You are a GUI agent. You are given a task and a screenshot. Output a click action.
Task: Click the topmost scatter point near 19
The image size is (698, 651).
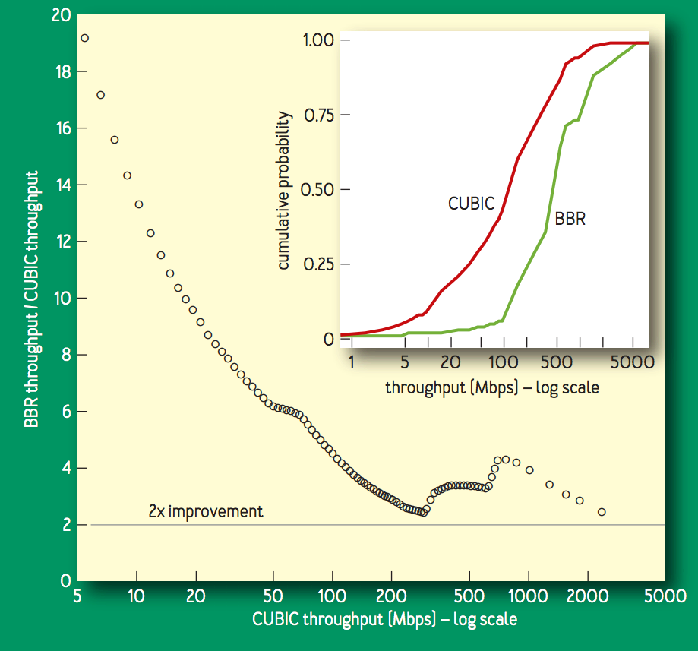pos(84,38)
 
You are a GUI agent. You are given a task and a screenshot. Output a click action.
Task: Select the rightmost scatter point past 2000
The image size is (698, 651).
pos(602,512)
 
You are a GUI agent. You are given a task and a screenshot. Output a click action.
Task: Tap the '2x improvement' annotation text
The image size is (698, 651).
pos(206,511)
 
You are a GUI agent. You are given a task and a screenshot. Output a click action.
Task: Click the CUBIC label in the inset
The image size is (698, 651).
pos(472,204)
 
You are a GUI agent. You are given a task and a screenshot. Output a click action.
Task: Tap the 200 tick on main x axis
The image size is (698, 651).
pos(391,596)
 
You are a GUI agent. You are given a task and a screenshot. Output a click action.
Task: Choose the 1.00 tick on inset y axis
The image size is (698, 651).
pos(317,40)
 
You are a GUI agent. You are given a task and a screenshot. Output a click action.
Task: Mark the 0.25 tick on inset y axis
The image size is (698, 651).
pos(317,264)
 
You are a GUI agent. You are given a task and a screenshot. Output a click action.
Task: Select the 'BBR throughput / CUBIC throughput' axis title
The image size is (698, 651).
pos(32,299)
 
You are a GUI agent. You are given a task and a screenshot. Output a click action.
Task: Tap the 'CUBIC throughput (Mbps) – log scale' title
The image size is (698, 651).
pos(385,620)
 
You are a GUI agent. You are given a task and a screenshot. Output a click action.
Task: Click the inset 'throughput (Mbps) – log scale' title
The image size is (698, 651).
pos(492,388)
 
